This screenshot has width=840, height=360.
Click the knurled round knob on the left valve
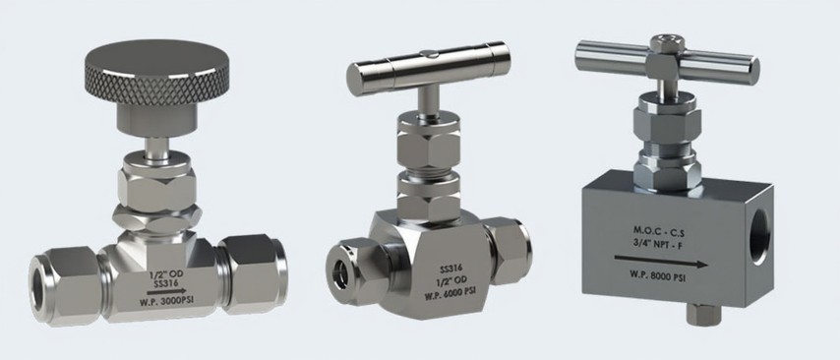(x=157, y=73)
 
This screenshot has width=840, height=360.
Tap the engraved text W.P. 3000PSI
(x=166, y=301)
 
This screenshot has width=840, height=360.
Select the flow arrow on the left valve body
(x=166, y=292)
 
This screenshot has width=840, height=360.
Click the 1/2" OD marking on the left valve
(x=165, y=273)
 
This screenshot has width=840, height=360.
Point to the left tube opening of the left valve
(x=38, y=290)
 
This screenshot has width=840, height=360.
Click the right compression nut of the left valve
(x=254, y=273)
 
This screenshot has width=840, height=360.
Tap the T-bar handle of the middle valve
(x=428, y=68)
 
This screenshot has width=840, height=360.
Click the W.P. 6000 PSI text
(x=450, y=294)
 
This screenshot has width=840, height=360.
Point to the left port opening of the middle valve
(x=340, y=273)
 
